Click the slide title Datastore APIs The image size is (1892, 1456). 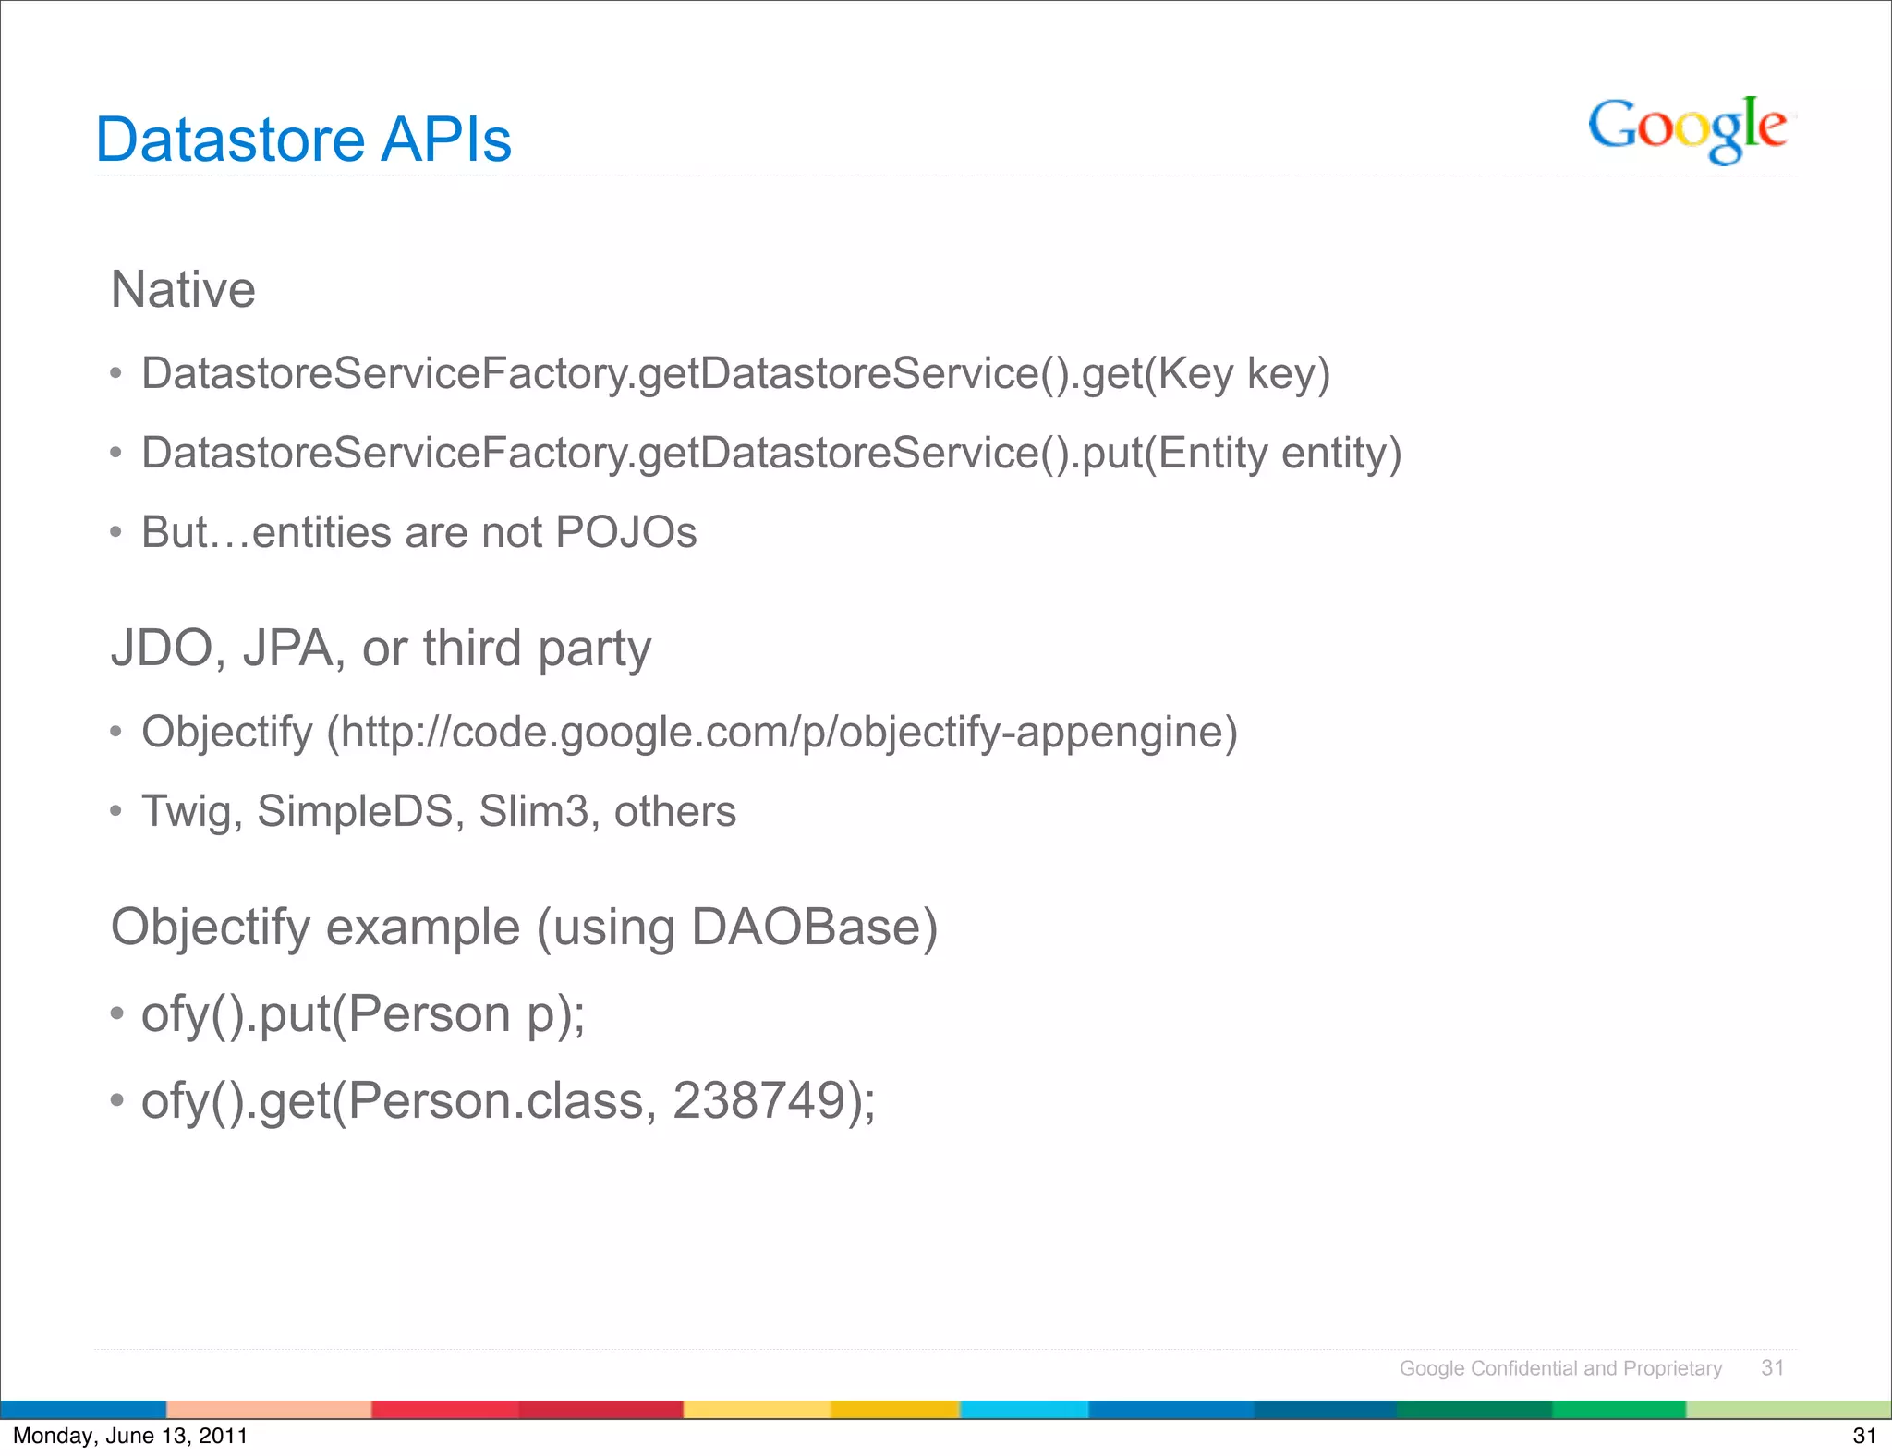pyautogui.click(x=303, y=140)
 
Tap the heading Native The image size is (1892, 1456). pyautogui.click(x=183, y=289)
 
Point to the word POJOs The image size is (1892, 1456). pyautogui.click(x=626, y=533)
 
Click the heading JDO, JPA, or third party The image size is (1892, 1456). pyautogui.click(x=381, y=649)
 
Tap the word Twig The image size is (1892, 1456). pyautogui.click(x=190, y=812)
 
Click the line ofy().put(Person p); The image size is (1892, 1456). pyautogui.click(x=362, y=1014)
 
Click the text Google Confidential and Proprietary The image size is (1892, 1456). pyautogui.click(x=1560, y=1368)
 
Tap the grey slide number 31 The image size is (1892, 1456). pyautogui.click(x=1772, y=1367)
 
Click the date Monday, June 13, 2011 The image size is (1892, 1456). pyautogui.click(x=130, y=1436)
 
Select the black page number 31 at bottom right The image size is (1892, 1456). pyautogui.click(x=1864, y=1436)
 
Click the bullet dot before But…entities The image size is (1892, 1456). pyautogui.click(x=115, y=533)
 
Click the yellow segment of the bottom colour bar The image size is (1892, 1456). pyautogui.click(x=756, y=1410)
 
